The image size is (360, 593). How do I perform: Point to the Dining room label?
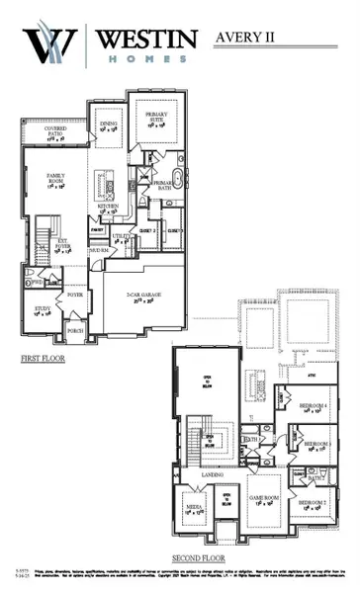click(x=109, y=126)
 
